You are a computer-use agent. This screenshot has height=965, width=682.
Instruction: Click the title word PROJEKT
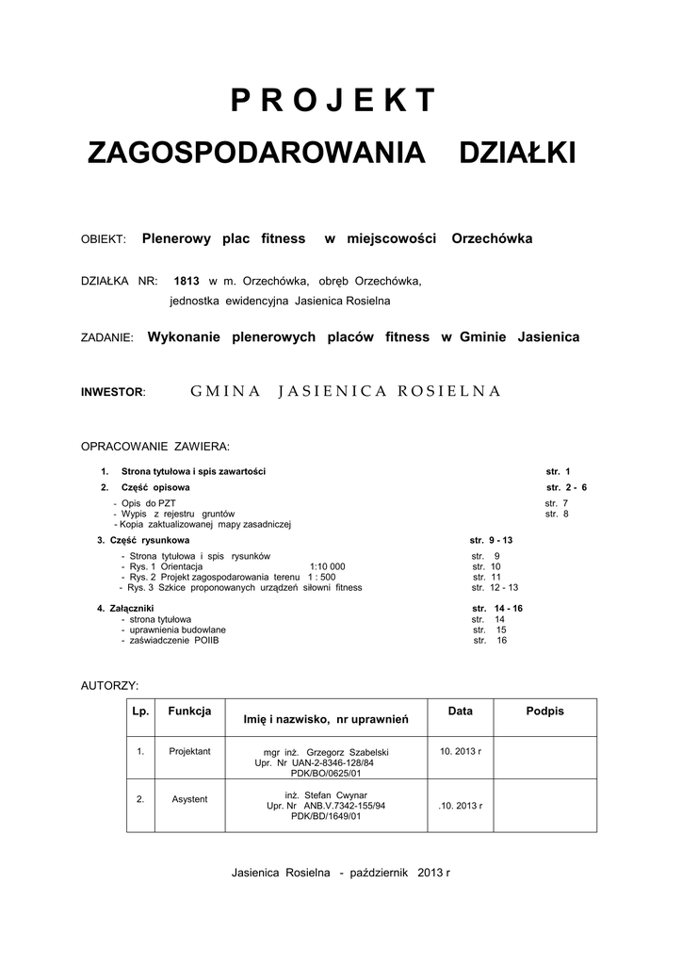[x=333, y=100]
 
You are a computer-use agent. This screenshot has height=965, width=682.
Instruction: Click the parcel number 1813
[x=187, y=282]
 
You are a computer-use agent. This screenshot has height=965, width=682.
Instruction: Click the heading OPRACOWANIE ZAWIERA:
[x=155, y=445]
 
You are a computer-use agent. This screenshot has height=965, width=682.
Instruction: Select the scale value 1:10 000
[x=327, y=566]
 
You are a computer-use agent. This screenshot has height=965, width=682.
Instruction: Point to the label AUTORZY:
[x=110, y=684]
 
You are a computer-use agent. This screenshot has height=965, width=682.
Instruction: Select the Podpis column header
[x=544, y=711]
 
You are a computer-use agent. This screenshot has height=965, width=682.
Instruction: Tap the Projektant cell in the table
[x=189, y=751]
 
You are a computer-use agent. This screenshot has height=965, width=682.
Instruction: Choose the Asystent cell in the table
[x=189, y=799]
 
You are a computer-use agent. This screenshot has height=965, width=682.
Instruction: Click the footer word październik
[x=380, y=873]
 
